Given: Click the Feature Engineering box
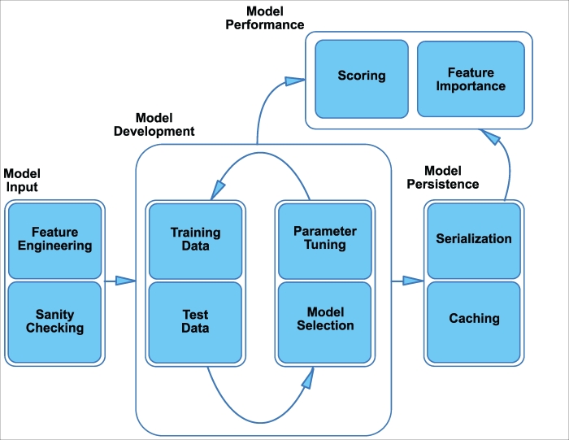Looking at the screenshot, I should (x=55, y=240).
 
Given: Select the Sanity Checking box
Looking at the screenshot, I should (x=55, y=321).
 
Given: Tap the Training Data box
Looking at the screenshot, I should (x=195, y=240).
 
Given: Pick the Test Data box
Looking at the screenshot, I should (x=195, y=321).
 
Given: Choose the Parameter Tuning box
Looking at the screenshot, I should (x=324, y=240).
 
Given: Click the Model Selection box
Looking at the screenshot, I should (x=324, y=319).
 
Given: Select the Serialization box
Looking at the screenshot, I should (x=473, y=239).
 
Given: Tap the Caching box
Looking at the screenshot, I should (x=473, y=319).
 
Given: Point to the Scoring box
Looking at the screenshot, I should (x=362, y=76).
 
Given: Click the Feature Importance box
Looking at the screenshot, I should (x=464, y=79).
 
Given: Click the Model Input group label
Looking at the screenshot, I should (x=22, y=181).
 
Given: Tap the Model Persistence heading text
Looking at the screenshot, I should (x=452, y=178).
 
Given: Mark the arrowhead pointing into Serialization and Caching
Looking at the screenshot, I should (x=413, y=281).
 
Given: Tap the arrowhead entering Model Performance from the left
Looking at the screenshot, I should (x=294, y=81).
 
